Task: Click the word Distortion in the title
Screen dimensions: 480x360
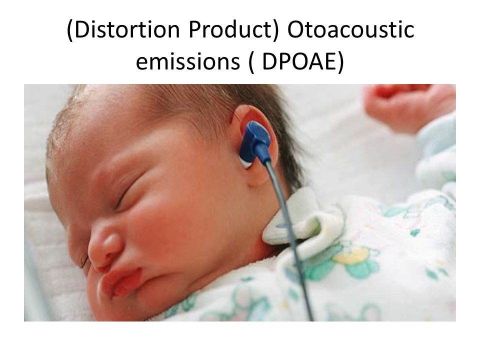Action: pyautogui.click(x=126, y=30)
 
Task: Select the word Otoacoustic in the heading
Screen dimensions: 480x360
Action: pyautogui.click(x=350, y=30)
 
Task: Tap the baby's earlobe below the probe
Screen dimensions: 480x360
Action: pyautogui.click(x=257, y=177)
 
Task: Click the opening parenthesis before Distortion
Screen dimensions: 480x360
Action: pyautogui.click(x=70, y=30)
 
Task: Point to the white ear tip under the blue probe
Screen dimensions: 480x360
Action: pyautogui.click(x=245, y=161)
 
